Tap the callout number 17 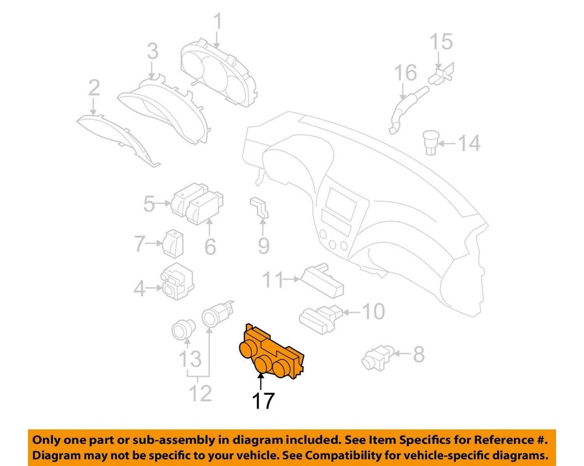pos(263,401)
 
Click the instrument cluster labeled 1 pos(219,73)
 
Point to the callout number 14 pos(469,143)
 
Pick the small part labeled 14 pos(432,142)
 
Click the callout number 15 pos(441,42)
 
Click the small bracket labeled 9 pos(259,208)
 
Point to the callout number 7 pos(139,244)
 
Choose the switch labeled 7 pos(173,244)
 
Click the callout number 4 pos(139,288)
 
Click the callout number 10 pos(373,311)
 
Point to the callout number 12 pos(200,393)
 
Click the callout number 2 pos(94,88)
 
